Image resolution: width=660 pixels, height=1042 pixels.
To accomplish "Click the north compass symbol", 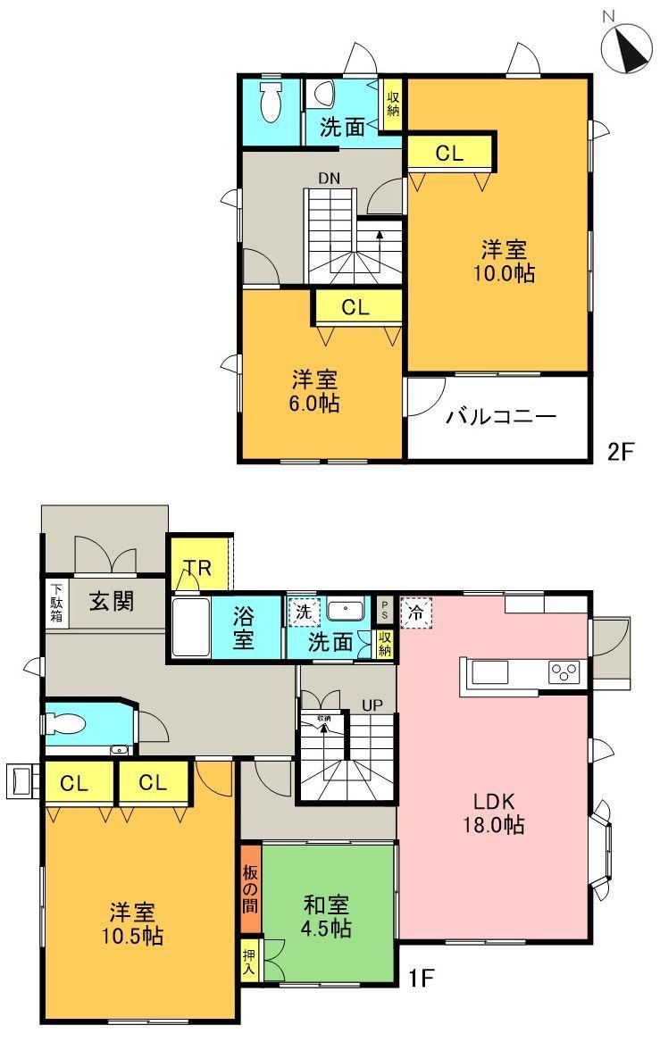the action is click(x=626, y=46).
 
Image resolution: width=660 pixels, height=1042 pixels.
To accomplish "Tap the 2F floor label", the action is click(x=622, y=452).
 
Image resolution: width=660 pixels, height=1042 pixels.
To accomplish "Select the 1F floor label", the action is click(x=421, y=978).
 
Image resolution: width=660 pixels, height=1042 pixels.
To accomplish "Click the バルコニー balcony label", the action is click(x=500, y=417).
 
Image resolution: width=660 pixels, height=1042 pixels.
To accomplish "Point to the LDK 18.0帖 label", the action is click(x=494, y=813).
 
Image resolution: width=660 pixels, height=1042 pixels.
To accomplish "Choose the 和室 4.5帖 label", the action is click(x=326, y=916).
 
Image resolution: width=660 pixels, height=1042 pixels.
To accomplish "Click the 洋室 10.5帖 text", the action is click(x=132, y=924).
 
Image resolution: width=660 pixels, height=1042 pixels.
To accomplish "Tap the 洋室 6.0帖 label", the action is click(x=313, y=391).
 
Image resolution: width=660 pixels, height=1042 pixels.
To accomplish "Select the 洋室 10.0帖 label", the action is click(x=504, y=262).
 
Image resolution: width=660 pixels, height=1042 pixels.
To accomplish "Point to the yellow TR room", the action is click(x=199, y=563).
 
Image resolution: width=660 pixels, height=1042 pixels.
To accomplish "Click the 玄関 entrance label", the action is click(x=112, y=602).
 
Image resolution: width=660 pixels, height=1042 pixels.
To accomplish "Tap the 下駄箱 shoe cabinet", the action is click(x=57, y=603).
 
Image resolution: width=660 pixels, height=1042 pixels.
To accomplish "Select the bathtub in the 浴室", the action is click(x=191, y=627).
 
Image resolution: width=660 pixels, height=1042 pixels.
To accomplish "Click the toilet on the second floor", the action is click(x=271, y=103).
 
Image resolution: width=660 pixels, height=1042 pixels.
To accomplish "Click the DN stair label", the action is click(x=329, y=178).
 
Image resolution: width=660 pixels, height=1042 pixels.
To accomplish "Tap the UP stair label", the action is click(x=372, y=704).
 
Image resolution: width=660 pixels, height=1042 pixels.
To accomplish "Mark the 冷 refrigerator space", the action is click(x=416, y=612).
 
